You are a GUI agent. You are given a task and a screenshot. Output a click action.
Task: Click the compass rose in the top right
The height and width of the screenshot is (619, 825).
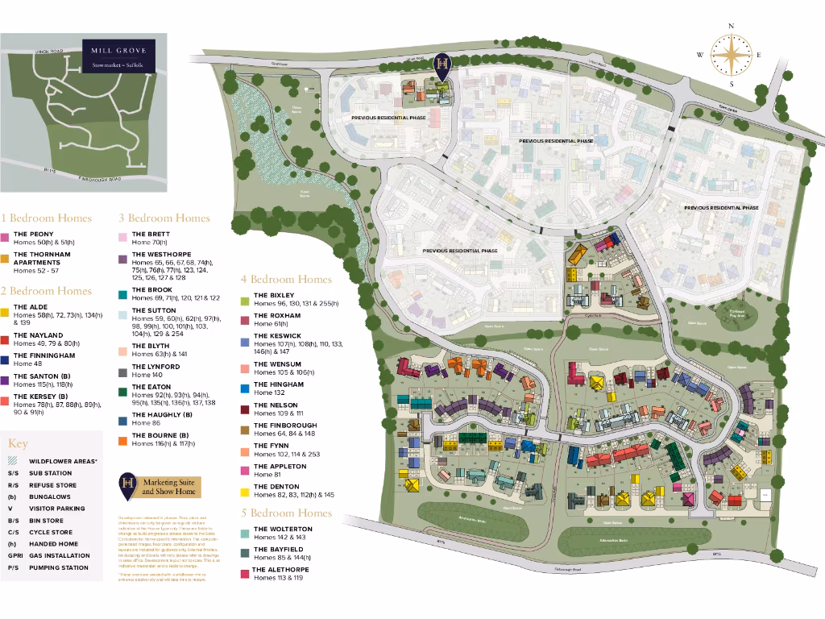click(x=732, y=55)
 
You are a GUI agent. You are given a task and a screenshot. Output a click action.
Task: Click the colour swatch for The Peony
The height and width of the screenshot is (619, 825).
click(x=5, y=238)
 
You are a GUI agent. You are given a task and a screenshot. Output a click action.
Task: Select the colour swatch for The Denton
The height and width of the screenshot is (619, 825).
click(x=245, y=491)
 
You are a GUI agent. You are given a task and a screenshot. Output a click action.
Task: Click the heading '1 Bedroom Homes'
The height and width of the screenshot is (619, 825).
click(x=46, y=218)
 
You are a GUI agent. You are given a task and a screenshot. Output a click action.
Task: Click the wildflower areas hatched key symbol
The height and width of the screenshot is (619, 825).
click(x=12, y=461)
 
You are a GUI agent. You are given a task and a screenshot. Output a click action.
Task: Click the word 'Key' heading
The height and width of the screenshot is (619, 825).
click(x=18, y=443)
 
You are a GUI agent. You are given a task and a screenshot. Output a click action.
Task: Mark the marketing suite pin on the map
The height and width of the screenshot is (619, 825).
click(x=442, y=65)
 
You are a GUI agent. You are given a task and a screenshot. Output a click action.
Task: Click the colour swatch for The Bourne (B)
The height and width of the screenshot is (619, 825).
click(x=123, y=439)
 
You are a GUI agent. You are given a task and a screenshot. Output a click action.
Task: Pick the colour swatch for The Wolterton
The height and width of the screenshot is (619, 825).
click(x=245, y=533)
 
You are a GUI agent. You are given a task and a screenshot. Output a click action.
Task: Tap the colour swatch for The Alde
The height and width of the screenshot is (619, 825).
click(x=5, y=311)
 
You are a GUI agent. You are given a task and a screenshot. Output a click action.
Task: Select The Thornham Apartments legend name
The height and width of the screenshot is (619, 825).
click(x=42, y=258)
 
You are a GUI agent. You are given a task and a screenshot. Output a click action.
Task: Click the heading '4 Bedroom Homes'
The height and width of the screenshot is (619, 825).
click(x=286, y=280)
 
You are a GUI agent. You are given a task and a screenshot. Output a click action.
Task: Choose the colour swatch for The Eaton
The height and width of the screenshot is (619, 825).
click(x=123, y=391)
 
